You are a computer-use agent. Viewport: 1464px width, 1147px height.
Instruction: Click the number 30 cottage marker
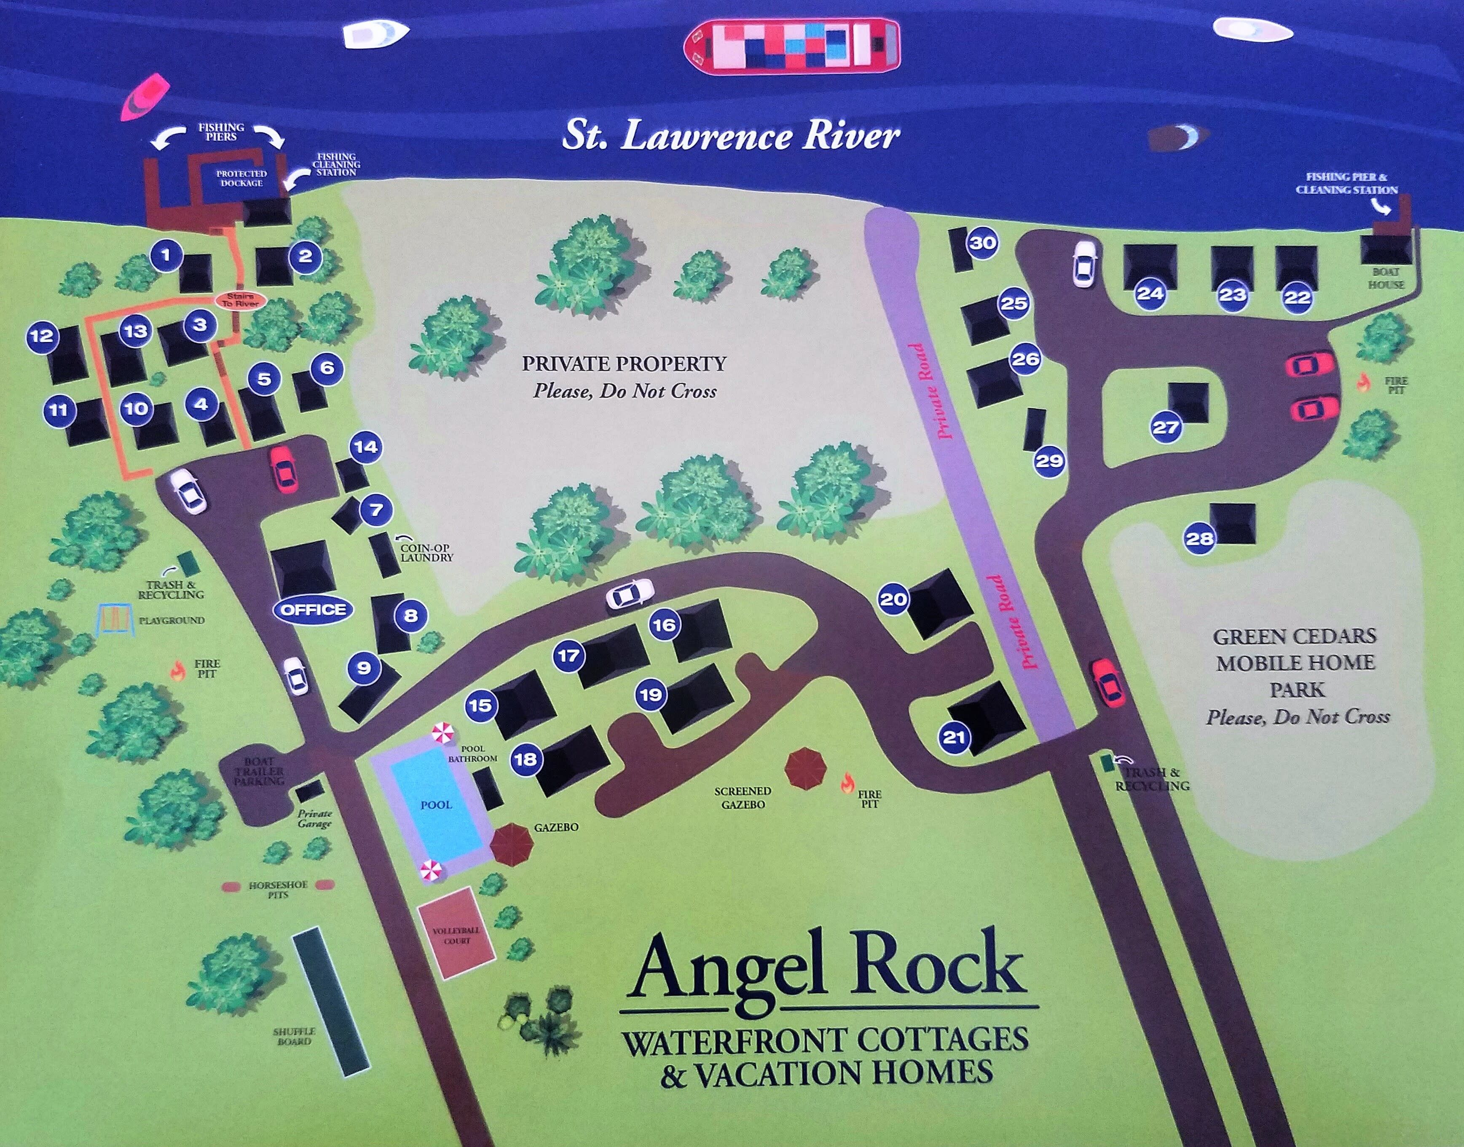point(982,243)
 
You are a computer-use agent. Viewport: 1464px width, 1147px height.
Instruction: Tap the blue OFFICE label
point(313,610)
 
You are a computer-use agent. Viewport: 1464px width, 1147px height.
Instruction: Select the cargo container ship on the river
point(791,44)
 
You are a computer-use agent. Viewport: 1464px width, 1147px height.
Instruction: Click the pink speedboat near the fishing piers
point(145,97)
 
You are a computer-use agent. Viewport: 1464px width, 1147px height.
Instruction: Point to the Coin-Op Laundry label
point(426,553)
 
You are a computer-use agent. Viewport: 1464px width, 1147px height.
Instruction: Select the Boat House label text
point(1385,278)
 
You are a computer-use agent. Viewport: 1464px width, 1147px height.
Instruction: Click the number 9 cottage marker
point(364,668)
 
